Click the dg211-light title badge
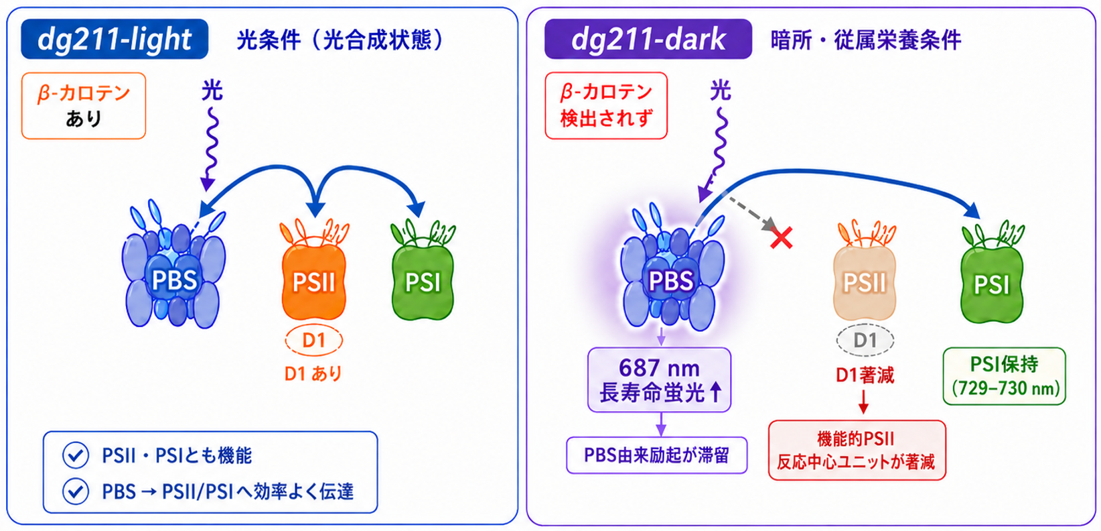pos(115,39)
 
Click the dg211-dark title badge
pos(648,39)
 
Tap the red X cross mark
pos(781,238)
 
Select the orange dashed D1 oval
pos(313,340)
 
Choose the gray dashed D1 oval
pos(865,340)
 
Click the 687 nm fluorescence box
pos(659,379)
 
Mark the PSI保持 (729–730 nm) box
pos(1004,376)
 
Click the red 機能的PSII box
pos(857,450)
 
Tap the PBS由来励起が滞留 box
pos(657,455)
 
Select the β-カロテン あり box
pos(84,106)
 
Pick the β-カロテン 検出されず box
pos(606,106)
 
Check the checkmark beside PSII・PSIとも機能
pos(76,455)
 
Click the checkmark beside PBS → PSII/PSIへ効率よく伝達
pos(76,491)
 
